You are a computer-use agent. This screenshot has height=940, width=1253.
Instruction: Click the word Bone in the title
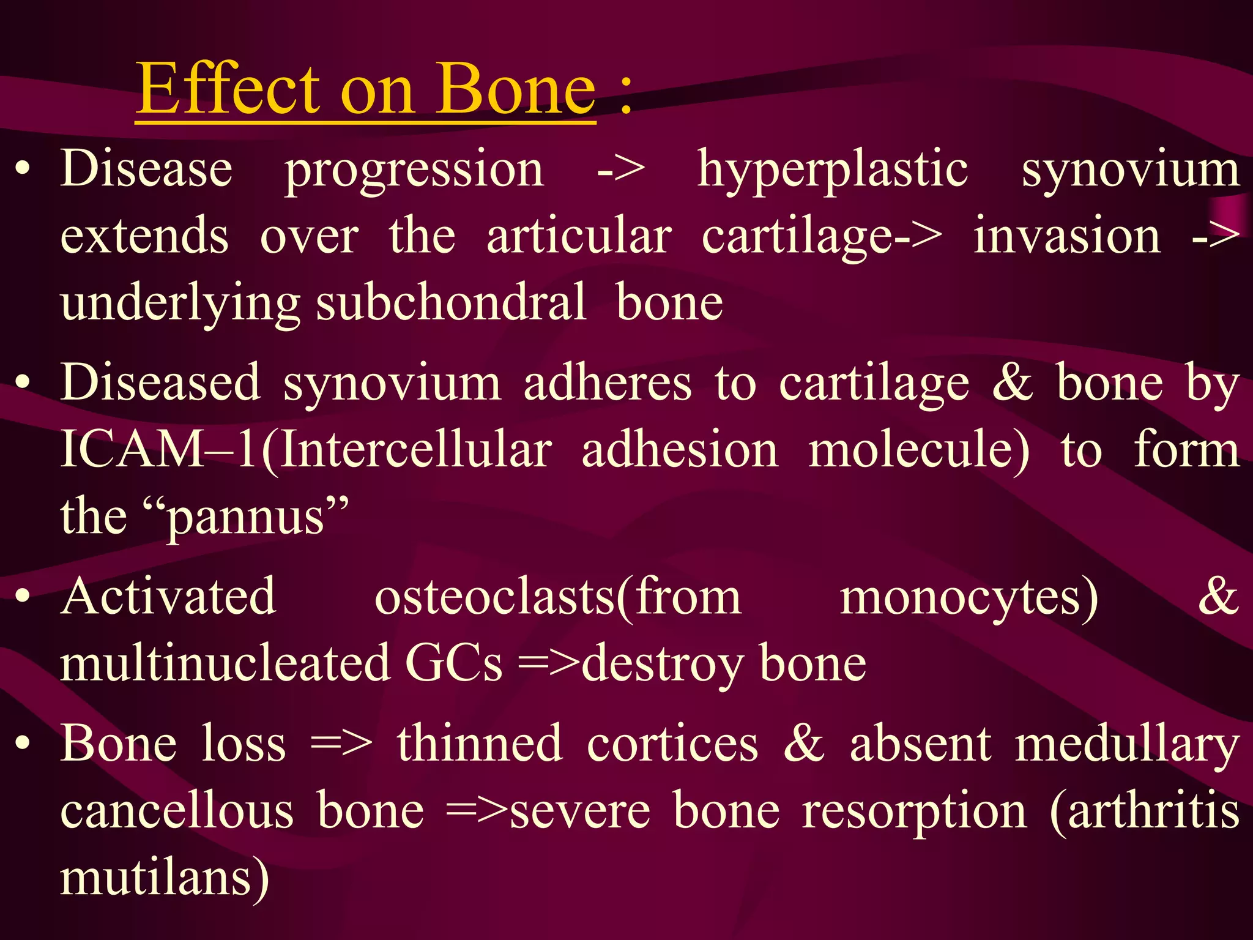point(515,91)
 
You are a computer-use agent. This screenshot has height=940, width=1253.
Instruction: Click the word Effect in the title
point(228,89)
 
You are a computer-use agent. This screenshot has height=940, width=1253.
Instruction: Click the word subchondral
point(451,304)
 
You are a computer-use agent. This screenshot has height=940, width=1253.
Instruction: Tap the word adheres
point(608,384)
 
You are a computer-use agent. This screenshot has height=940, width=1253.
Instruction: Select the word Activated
point(169,597)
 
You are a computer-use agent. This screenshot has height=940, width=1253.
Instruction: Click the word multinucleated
point(225,663)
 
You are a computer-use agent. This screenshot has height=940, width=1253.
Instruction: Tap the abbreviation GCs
point(453,663)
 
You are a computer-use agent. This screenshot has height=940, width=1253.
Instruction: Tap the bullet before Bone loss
point(23,743)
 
